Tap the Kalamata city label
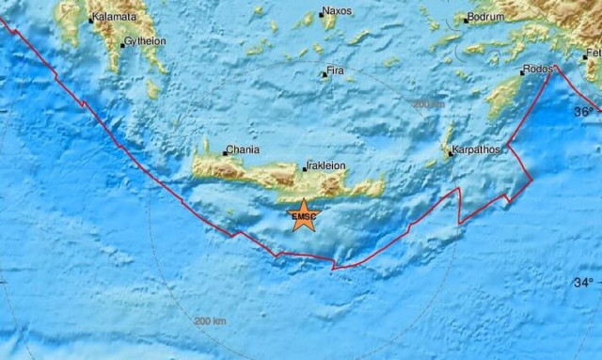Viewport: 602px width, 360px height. (116, 17)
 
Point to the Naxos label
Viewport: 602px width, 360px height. (336, 12)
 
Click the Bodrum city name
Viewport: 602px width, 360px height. (488, 17)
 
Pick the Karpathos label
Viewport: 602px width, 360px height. (476, 149)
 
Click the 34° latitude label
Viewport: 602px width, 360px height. (584, 282)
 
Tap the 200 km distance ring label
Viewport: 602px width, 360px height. (211, 321)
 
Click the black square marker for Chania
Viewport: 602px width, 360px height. (225, 152)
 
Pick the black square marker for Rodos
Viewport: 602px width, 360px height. (524, 71)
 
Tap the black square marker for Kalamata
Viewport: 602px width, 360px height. (90, 19)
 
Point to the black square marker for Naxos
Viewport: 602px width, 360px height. (320, 14)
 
